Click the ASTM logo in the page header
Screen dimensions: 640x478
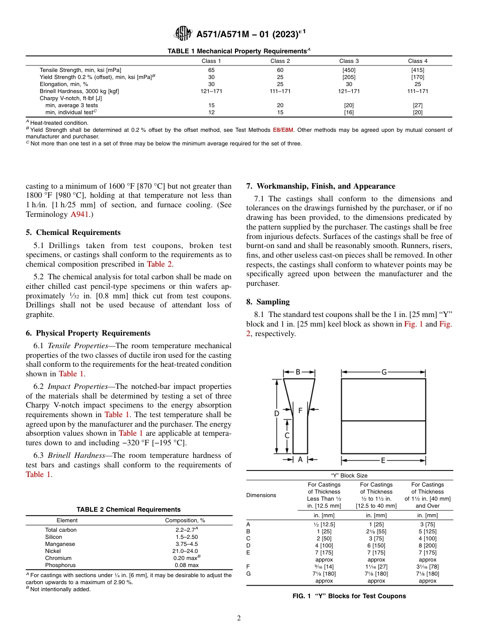coord(183,34)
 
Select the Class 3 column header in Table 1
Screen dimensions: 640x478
coord(349,61)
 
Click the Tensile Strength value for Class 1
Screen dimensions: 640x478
coord(211,70)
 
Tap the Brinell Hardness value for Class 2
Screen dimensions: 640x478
coord(280,91)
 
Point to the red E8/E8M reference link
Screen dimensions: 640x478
coord(283,130)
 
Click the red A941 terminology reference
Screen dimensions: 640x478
coord(81,214)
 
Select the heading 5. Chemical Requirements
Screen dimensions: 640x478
coord(73,232)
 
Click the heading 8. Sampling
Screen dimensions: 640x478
coord(268,302)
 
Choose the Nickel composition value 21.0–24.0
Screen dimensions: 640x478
coord(185,551)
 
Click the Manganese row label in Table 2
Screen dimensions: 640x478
coord(60,544)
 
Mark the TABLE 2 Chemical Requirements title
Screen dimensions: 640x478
coord(128,510)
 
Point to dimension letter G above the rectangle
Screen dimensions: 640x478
coord(383,372)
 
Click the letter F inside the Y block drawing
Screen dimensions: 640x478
coord(300,411)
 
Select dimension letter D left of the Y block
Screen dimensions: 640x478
coord(276,414)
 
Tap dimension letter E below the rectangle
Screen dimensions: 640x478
coord(383,460)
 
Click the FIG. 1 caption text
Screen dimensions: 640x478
coord(349,596)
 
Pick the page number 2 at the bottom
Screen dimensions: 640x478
coord(239,618)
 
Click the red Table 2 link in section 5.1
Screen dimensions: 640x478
coord(160,264)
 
